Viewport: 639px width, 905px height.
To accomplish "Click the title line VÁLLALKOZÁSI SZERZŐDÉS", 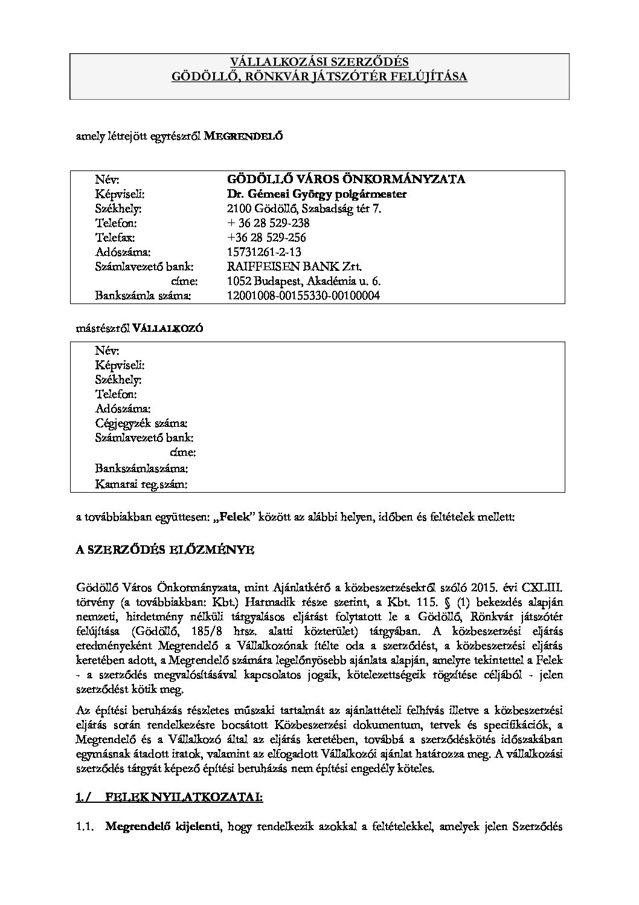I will pyautogui.click(x=319, y=62).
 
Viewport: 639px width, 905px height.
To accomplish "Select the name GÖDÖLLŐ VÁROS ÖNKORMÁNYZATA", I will pyautogui.click(x=345, y=180).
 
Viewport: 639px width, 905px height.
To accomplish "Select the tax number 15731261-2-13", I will pyautogui.click(x=263, y=252).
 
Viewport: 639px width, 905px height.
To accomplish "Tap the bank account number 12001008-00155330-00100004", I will pyautogui.click(x=303, y=296).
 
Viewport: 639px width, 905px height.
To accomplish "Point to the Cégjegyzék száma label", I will pyautogui.click(x=141, y=423).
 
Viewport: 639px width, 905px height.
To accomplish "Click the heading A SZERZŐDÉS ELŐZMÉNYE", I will pyautogui.click(x=164, y=550).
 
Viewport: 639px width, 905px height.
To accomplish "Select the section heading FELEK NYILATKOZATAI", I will pyautogui.click(x=184, y=797).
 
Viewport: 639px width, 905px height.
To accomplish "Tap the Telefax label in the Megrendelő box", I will pyautogui.click(x=115, y=238).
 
